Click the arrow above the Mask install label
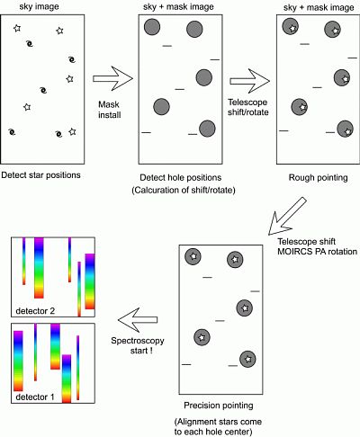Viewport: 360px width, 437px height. pos(112,78)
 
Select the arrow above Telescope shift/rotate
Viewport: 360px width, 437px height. pos(250,81)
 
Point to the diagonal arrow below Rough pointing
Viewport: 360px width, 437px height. pos(287,216)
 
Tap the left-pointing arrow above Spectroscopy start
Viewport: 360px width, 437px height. pos(138,320)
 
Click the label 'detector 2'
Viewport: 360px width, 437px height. pos(35,311)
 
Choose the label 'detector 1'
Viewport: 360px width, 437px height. pos(35,397)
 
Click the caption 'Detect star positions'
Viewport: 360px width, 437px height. pos(41,175)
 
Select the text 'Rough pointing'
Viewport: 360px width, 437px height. pos(318,177)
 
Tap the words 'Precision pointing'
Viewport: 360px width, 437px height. pos(219,406)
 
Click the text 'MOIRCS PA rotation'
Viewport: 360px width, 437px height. pos(317,251)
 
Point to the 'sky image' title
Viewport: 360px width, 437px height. pos(39,6)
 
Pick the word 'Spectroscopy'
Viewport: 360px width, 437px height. pos(138,341)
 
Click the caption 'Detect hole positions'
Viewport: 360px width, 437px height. pos(181,177)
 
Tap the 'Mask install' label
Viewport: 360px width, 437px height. pos(110,110)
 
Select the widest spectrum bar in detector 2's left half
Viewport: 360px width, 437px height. pos(39,268)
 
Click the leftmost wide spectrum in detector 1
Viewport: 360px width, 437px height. pos(18,361)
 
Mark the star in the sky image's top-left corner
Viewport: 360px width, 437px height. pos(17,28)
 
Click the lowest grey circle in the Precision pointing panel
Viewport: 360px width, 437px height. pos(247,359)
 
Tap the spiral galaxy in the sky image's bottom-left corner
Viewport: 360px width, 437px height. pos(12,131)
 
